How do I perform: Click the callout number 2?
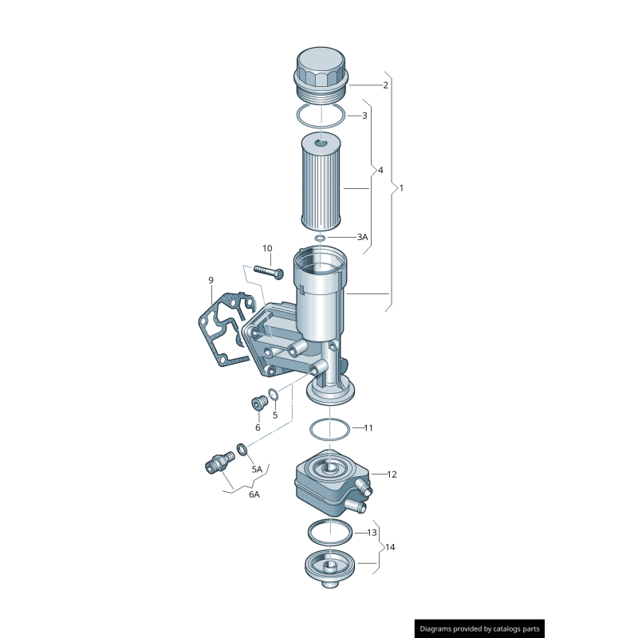pos(385,85)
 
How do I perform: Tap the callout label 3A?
pos(362,237)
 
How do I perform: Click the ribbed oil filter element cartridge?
pos(322,182)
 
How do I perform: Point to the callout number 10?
pos(267,248)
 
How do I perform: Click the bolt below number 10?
pos(269,271)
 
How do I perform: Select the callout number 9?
pos(211,280)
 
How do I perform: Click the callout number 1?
pos(401,188)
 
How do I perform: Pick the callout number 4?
pos(380,171)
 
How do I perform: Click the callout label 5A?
pos(257,470)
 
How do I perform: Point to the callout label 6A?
pos(254,494)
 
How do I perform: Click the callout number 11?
pos(368,428)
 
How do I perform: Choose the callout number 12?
pos(392,475)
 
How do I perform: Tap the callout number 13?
pos(372,532)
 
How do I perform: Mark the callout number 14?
pos(390,547)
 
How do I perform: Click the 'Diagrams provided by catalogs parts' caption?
pos(481,628)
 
